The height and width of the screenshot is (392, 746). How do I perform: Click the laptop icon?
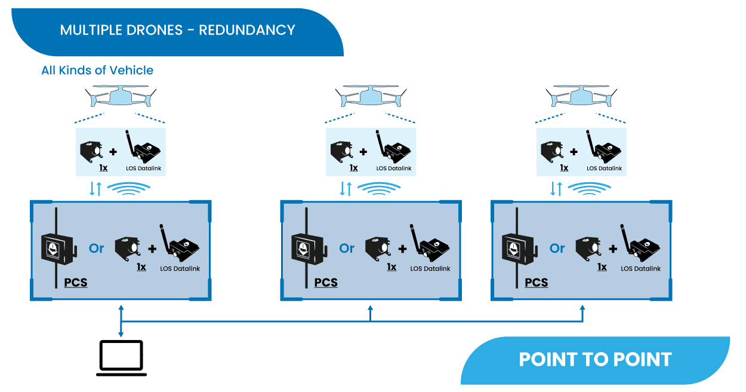[x=121, y=358]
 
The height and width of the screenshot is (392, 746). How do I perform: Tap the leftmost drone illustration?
[x=121, y=96]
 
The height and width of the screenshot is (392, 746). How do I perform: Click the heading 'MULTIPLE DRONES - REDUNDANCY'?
[x=177, y=30]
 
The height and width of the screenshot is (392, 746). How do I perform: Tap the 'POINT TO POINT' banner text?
[x=595, y=359]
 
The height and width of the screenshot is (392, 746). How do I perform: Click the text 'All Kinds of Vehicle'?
[x=97, y=71]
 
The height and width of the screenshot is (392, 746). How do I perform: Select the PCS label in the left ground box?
[x=76, y=283]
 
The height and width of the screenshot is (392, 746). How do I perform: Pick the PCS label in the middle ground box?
[x=326, y=283]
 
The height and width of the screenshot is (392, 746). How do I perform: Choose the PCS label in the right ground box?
[x=537, y=283]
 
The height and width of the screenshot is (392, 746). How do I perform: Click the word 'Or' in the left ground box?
[x=96, y=248]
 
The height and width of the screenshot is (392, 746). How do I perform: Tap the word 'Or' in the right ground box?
[x=557, y=248]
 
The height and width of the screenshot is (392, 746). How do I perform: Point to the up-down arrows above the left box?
[x=95, y=189]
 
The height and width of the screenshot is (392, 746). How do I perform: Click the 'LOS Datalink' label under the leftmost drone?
[x=144, y=169]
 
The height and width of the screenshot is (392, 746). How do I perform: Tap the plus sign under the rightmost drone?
[x=574, y=152]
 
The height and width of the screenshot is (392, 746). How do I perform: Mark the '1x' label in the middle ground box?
[x=392, y=267]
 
